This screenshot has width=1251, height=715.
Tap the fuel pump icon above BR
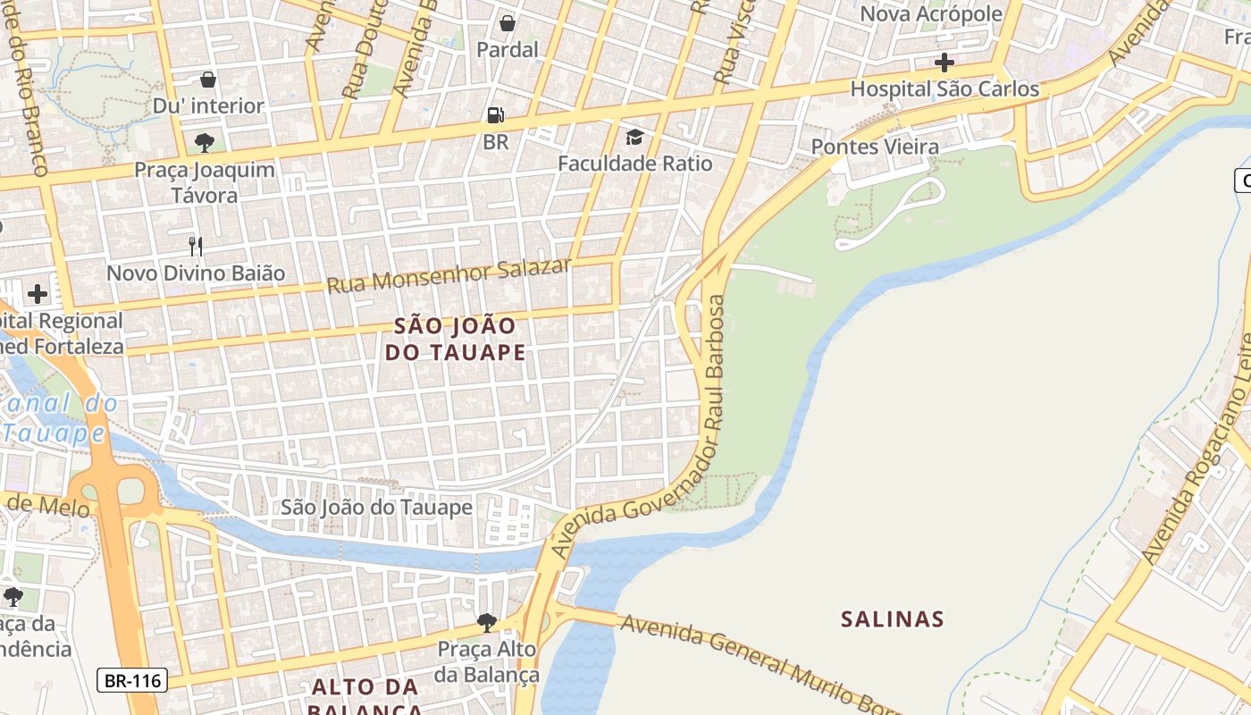[x=495, y=114]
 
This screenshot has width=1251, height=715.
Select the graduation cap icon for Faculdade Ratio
[x=634, y=137]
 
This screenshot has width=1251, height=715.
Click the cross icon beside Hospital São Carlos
[x=944, y=63]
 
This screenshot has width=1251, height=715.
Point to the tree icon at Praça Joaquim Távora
[x=205, y=142]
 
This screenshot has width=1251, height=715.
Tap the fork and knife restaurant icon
[x=196, y=246]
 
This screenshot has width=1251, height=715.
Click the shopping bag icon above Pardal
[x=508, y=23]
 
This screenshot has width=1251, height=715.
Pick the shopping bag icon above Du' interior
[x=208, y=80]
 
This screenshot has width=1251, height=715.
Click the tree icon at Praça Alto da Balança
[x=486, y=622]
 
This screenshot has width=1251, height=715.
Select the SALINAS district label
[x=892, y=618]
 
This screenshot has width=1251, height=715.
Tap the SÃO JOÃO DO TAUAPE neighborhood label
[x=455, y=339]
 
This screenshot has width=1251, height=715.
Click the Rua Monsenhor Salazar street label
[x=449, y=275]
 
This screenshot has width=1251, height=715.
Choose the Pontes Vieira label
[x=875, y=147]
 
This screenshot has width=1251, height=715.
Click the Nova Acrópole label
[x=931, y=14]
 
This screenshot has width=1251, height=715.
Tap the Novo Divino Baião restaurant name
[x=196, y=273]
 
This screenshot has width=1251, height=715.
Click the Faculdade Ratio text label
[x=635, y=164]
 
